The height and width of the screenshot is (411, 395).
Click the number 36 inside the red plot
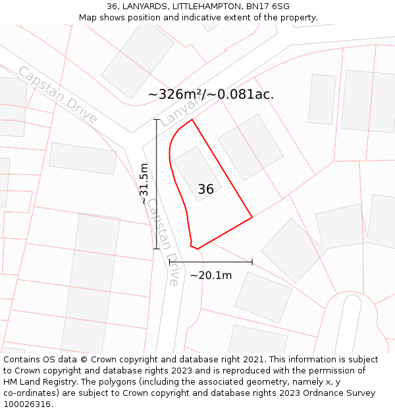[x=205, y=189]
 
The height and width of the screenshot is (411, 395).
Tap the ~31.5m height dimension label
[x=144, y=184]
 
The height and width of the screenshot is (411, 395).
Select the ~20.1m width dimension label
[x=211, y=276]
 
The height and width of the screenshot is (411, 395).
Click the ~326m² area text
[x=176, y=94]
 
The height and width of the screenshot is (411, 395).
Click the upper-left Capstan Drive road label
[x=57, y=95]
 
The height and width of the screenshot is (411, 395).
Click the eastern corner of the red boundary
[x=252, y=216]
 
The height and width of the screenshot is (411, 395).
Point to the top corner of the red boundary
[x=192, y=119]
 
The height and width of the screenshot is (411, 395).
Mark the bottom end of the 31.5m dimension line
[x=157, y=249]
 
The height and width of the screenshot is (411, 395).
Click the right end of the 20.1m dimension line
[x=252, y=262]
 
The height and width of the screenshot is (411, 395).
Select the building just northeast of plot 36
[x=250, y=147]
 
